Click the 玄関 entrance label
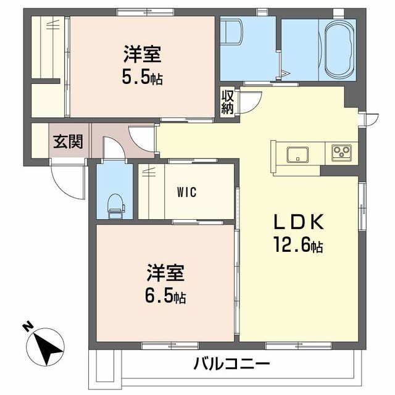[68, 141]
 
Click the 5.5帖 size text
[143, 78]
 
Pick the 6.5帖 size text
[165, 296]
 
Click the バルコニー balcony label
[231, 363]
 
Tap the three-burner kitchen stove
[341, 152]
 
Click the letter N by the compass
[27, 326]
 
